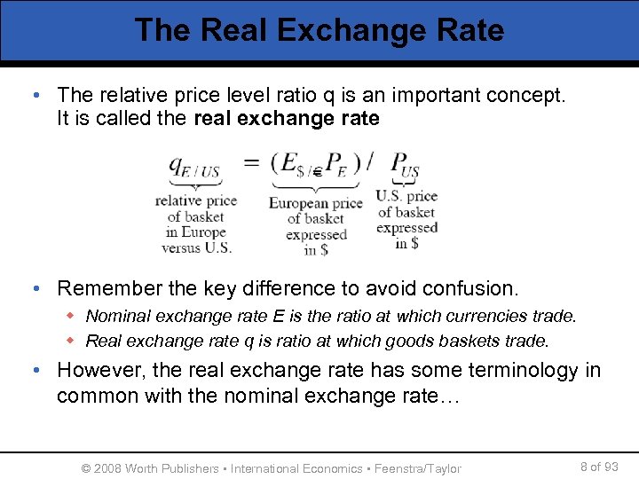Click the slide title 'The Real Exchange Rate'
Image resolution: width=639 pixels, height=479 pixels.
coord(319,30)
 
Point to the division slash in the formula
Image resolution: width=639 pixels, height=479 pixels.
coord(369,163)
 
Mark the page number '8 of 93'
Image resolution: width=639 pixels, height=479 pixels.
coord(598,467)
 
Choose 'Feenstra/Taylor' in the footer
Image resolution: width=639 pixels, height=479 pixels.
coord(418,468)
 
